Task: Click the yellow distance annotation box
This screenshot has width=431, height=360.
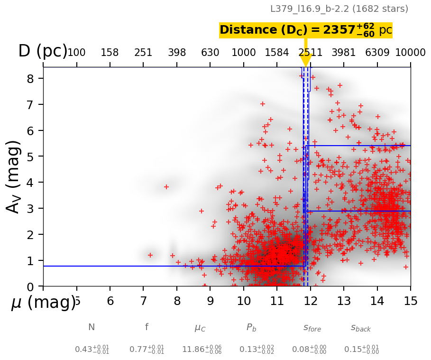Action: pos(306,30)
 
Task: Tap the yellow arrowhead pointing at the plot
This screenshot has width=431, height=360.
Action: pos(306,61)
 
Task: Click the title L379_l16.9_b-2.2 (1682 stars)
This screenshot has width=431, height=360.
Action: pos(339,9)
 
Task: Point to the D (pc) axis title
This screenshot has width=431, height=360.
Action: pos(43,51)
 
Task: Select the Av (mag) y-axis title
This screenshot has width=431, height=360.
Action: pos(14,176)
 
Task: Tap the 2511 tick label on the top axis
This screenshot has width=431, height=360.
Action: pos(311,53)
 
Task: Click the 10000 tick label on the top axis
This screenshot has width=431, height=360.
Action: pos(410,53)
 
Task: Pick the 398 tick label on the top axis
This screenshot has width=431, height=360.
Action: pos(177,53)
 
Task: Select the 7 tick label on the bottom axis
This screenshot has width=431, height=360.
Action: pos(144,301)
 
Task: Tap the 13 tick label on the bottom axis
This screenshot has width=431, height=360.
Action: pos(344,301)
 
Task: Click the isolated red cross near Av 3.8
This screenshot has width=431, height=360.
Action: pos(166,187)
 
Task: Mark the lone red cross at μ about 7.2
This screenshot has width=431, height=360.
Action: pos(150,255)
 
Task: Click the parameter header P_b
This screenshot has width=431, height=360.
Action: pos(251,327)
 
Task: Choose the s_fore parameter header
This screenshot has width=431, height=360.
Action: pos(312,327)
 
